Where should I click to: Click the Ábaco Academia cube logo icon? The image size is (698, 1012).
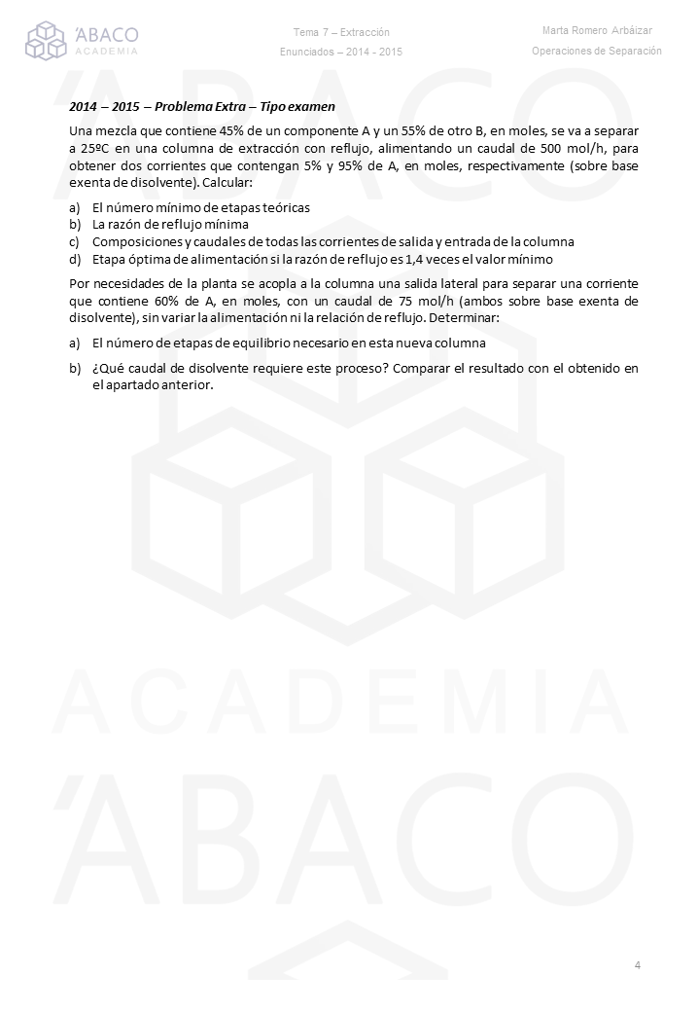coord(46,41)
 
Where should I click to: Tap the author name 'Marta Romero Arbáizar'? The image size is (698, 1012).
coord(597,31)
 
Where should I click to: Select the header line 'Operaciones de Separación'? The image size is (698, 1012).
coord(597,51)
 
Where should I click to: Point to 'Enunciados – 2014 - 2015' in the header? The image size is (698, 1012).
coord(341,52)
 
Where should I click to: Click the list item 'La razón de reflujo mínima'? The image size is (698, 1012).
coord(170,224)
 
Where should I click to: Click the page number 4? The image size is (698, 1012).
coord(637,965)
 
